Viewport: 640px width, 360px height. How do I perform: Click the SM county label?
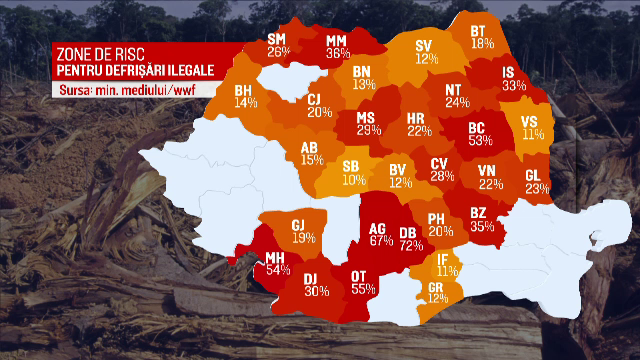277,39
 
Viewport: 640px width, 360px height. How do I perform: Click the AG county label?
378,227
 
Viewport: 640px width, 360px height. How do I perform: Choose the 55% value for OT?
364,288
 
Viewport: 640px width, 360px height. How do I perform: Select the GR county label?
437,285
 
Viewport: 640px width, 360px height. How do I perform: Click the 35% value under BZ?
482,226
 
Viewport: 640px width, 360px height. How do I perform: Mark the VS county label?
532,122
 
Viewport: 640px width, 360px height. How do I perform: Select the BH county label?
244,90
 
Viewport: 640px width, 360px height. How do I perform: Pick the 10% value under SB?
353,180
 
